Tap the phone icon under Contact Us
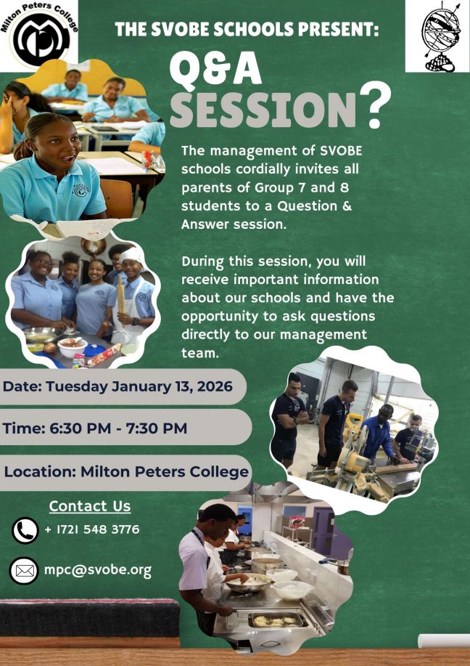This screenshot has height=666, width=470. (25, 530)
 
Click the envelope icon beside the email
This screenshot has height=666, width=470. (25, 571)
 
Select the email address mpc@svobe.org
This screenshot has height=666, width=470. (98, 570)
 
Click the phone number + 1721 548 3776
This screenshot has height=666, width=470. (91, 529)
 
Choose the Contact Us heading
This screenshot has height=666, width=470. (90, 506)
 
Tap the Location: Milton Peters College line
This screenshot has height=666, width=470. (126, 471)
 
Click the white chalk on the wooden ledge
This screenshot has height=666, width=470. (443, 640)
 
